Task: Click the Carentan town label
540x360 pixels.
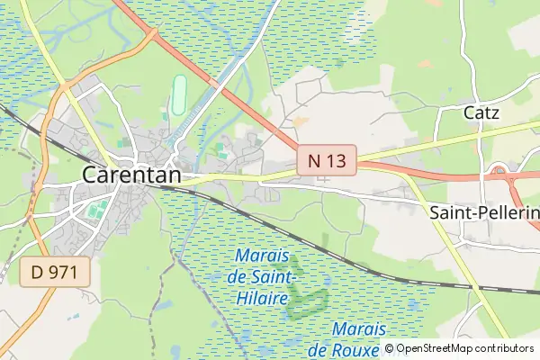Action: [131, 175]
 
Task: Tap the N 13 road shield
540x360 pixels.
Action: [327, 161]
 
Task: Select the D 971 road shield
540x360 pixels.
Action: [55, 272]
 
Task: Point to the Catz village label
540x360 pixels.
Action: [481, 112]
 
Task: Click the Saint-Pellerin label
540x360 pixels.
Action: [483, 212]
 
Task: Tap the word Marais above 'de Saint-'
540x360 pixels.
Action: [264, 256]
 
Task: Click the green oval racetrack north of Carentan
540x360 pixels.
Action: [178, 92]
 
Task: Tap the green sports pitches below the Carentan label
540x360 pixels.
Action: [96, 210]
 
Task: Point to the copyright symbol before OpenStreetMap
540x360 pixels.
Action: [389, 348]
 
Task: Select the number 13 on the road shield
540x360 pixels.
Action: [337, 161]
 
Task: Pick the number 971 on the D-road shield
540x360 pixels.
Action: [65, 272]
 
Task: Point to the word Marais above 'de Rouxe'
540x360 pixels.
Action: [360, 328]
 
